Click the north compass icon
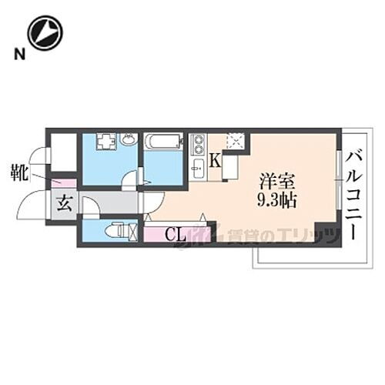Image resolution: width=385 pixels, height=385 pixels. pyautogui.click(x=44, y=33)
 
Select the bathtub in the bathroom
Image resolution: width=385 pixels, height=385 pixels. pyautogui.click(x=162, y=142)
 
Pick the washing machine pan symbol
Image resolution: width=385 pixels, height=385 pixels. pyautogui.click(x=105, y=141)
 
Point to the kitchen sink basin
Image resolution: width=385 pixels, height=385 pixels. pyautogui.click(x=198, y=169)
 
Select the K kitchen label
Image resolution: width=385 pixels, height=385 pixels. pyautogui.click(x=216, y=161)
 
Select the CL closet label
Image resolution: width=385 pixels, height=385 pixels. pyautogui.click(x=176, y=234)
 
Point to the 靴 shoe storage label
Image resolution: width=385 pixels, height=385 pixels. pyautogui.click(x=21, y=170)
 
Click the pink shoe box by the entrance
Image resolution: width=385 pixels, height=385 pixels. pyautogui.click(x=65, y=184)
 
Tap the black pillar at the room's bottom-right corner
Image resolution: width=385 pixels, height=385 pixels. pyautogui.click(x=328, y=233)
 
